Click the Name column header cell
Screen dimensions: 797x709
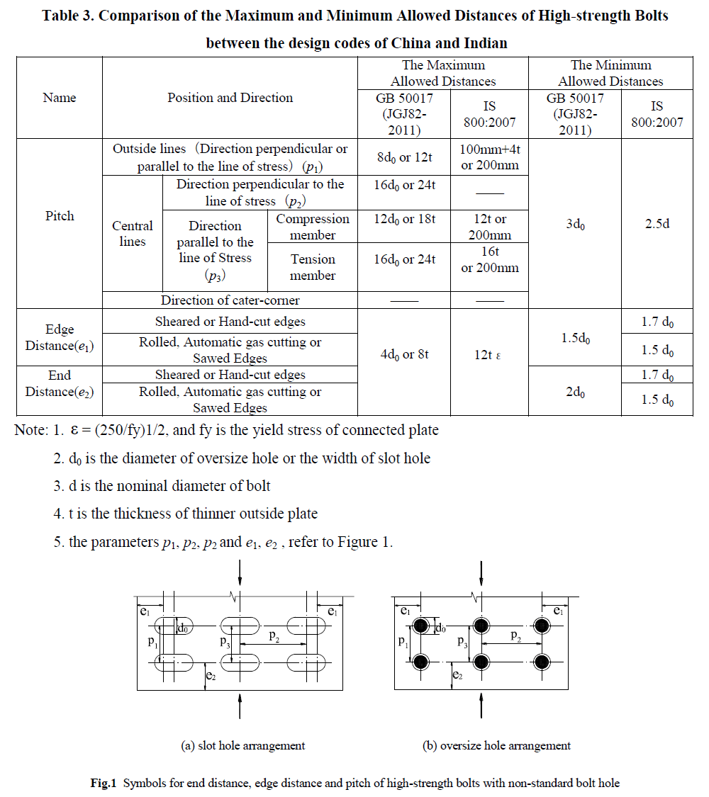(x=60, y=98)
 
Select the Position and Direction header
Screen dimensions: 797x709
(x=230, y=98)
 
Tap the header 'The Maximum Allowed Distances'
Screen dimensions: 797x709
(x=443, y=73)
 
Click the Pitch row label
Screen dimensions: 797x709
(x=60, y=215)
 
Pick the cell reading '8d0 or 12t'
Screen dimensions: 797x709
(x=404, y=157)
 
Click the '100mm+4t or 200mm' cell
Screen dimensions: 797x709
(x=489, y=157)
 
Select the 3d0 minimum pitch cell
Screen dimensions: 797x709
(x=575, y=224)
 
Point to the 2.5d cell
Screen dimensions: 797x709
(x=657, y=224)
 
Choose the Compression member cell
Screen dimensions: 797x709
(x=313, y=227)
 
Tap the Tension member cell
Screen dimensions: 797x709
(x=313, y=267)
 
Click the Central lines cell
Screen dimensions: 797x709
(x=133, y=233)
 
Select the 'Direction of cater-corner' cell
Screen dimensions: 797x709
(x=230, y=300)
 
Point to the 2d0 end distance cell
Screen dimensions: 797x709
(x=575, y=391)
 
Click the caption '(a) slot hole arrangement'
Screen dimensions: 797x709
(x=243, y=745)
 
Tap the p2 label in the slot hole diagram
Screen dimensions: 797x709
(x=274, y=636)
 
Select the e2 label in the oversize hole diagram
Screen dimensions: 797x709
(x=458, y=676)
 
